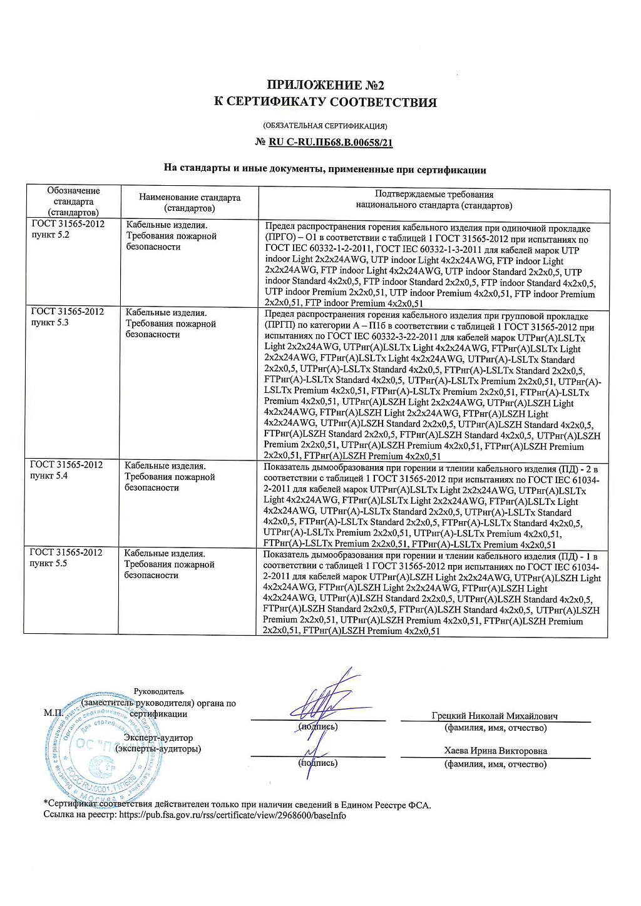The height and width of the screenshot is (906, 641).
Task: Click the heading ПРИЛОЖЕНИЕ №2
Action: point(325,85)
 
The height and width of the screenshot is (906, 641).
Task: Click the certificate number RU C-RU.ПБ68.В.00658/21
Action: point(331,143)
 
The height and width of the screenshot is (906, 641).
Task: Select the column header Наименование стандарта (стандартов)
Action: point(189,202)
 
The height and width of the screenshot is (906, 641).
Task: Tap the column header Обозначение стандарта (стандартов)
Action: point(73,201)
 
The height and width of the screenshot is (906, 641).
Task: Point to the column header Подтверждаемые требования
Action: point(434,200)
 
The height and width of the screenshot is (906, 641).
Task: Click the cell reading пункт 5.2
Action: point(51,235)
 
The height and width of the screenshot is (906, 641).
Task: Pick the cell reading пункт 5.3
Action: point(50,323)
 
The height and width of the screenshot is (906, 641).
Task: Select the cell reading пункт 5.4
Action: point(49,476)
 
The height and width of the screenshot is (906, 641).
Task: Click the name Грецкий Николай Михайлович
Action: point(495,716)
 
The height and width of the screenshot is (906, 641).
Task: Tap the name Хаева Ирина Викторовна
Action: point(495,751)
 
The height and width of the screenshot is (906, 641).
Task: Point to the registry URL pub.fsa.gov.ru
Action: point(232,815)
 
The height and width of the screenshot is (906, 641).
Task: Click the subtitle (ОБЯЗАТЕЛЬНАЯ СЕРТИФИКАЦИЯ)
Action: point(325,126)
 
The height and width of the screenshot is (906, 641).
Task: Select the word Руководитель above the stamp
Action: point(159,691)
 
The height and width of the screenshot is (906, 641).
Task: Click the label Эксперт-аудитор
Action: point(158,738)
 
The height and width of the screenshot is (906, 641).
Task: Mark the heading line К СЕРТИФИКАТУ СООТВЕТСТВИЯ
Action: point(325,102)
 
